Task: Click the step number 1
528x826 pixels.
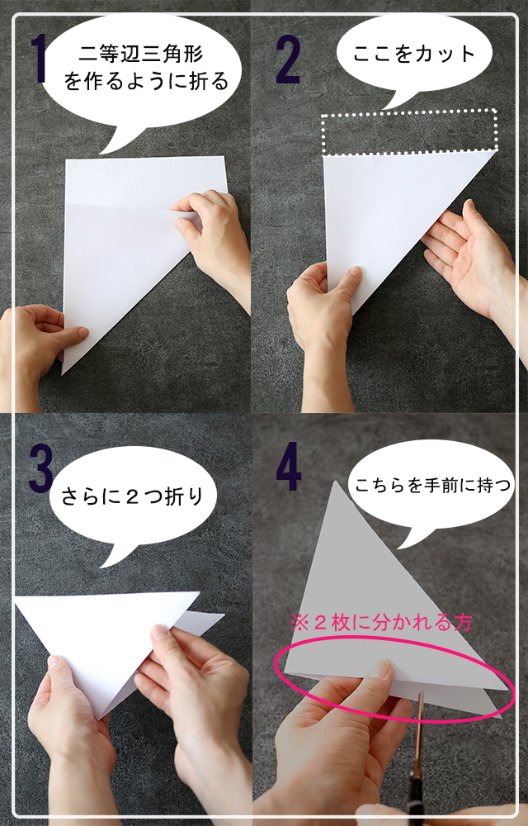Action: click(39, 59)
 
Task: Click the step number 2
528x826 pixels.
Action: click(289, 59)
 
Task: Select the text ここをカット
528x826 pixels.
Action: click(414, 54)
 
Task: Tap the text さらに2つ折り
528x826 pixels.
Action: click(132, 496)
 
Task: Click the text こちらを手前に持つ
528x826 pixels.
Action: click(433, 485)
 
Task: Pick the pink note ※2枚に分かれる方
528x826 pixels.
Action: click(381, 623)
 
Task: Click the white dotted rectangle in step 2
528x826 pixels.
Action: click(410, 111)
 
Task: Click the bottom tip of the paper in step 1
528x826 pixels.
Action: click(62, 374)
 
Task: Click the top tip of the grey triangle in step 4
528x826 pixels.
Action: click(335, 481)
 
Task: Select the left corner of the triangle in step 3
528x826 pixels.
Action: click(15, 597)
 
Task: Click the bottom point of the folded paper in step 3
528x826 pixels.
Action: click(101, 719)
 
